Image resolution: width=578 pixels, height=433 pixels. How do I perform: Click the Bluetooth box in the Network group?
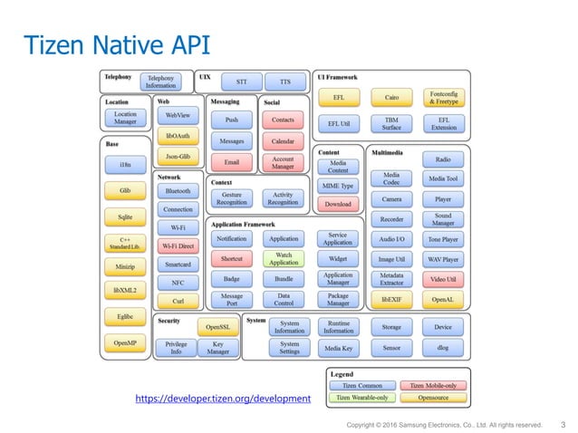(x=177, y=191)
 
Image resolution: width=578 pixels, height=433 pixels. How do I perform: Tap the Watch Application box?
(x=284, y=258)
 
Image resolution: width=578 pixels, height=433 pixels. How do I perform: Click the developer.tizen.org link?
(x=223, y=399)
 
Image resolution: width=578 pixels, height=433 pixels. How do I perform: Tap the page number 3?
(x=563, y=424)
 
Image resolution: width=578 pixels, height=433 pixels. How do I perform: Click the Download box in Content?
(x=337, y=205)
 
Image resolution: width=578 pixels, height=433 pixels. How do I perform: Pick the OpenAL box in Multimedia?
(x=442, y=298)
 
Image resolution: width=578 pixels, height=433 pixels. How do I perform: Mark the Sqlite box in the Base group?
(x=125, y=217)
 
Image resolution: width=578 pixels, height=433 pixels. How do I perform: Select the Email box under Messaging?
(x=231, y=162)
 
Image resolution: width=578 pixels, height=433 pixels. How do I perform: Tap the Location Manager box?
(x=125, y=118)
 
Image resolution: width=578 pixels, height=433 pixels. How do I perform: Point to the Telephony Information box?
(x=162, y=82)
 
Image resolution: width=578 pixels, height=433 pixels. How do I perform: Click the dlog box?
(x=442, y=347)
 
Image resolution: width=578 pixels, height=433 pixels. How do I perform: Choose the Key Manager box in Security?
(x=217, y=348)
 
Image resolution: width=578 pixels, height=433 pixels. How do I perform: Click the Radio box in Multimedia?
(x=442, y=159)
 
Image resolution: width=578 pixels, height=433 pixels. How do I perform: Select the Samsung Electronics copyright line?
(x=445, y=424)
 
